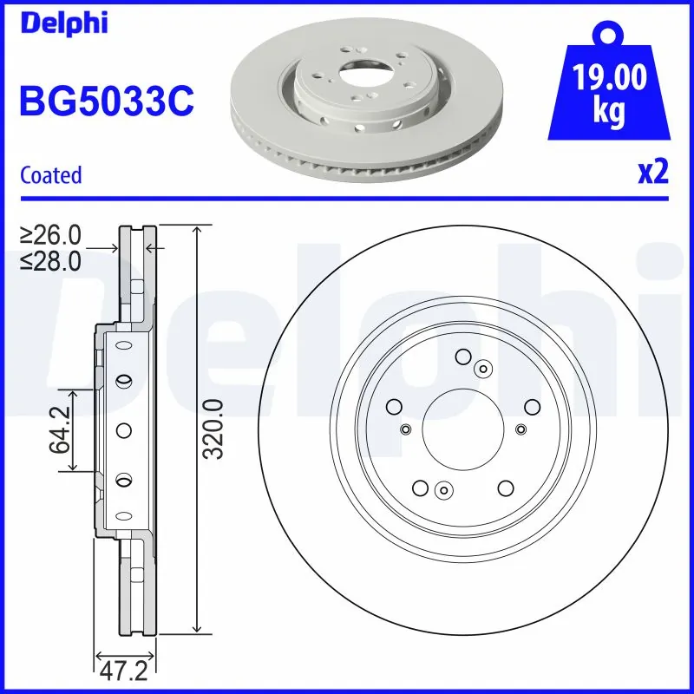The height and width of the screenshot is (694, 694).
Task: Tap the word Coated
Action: (x=51, y=174)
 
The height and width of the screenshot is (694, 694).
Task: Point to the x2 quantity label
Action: (x=653, y=173)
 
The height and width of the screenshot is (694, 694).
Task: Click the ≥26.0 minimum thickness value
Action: (x=51, y=234)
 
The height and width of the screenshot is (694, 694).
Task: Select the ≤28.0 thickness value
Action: (x=51, y=259)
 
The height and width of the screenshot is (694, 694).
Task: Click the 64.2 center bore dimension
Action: (x=60, y=431)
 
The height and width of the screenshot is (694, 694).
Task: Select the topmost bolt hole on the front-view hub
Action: (x=462, y=356)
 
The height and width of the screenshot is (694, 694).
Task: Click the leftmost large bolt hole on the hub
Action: (x=394, y=406)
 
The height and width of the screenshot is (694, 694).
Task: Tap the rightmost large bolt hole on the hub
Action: (x=531, y=406)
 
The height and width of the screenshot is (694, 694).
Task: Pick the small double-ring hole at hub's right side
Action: (x=520, y=429)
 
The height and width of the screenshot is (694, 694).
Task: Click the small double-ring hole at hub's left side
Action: (x=405, y=429)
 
